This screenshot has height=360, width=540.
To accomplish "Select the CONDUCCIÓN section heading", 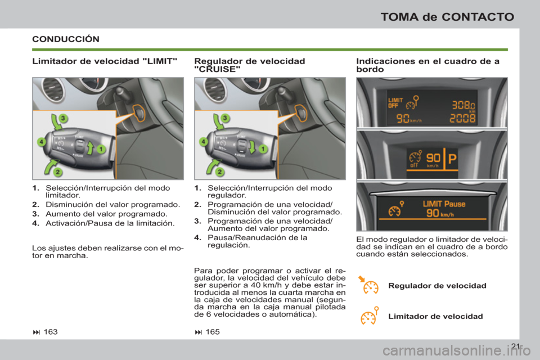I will [x=66, y=39].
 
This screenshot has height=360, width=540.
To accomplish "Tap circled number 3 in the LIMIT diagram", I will [x=64, y=118].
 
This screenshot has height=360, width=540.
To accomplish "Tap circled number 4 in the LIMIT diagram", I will [x=41, y=142].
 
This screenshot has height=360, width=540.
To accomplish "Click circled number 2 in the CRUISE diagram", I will [x=219, y=172].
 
